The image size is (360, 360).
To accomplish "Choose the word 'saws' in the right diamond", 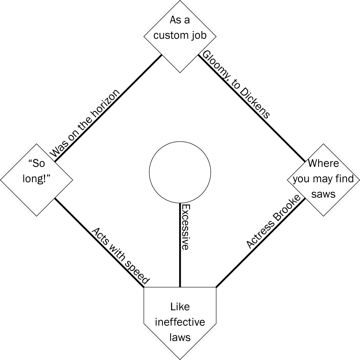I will tap(323, 194).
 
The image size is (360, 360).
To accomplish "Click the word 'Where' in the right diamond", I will tap(323, 163).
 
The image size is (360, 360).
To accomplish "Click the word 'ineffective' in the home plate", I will tap(180, 322).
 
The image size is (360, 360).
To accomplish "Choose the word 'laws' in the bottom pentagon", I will tap(180, 337).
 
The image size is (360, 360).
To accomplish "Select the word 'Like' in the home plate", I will tap(180, 307).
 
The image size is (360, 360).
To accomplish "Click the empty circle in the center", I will tap(180, 172).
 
